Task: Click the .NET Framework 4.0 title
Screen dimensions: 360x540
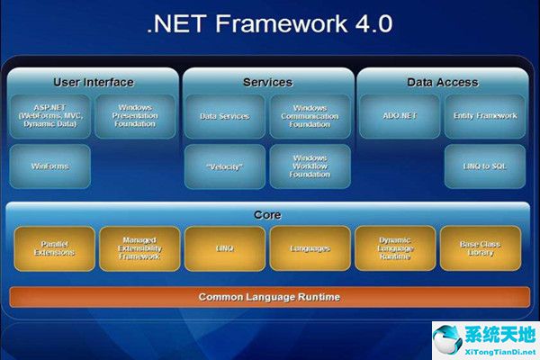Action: [x=269, y=25]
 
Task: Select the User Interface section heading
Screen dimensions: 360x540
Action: [x=93, y=82]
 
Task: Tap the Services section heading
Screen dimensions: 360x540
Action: [x=267, y=82]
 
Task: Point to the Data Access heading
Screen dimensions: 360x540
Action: [x=442, y=82]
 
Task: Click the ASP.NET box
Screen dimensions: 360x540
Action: [x=49, y=116]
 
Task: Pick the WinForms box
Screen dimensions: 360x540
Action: [x=49, y=166]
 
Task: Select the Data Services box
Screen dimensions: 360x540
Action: [x=224, y=116]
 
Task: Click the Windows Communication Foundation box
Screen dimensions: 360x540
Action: [x=310, y=116]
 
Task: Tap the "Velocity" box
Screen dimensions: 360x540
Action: [x=224, y=166]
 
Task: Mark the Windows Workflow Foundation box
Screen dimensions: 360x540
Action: [x=310, y=166]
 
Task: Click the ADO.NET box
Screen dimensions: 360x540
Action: [x=399, y=116]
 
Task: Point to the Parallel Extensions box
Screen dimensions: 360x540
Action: [x=54, y=248]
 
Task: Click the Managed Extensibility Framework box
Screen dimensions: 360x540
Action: [x=139, y=248]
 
